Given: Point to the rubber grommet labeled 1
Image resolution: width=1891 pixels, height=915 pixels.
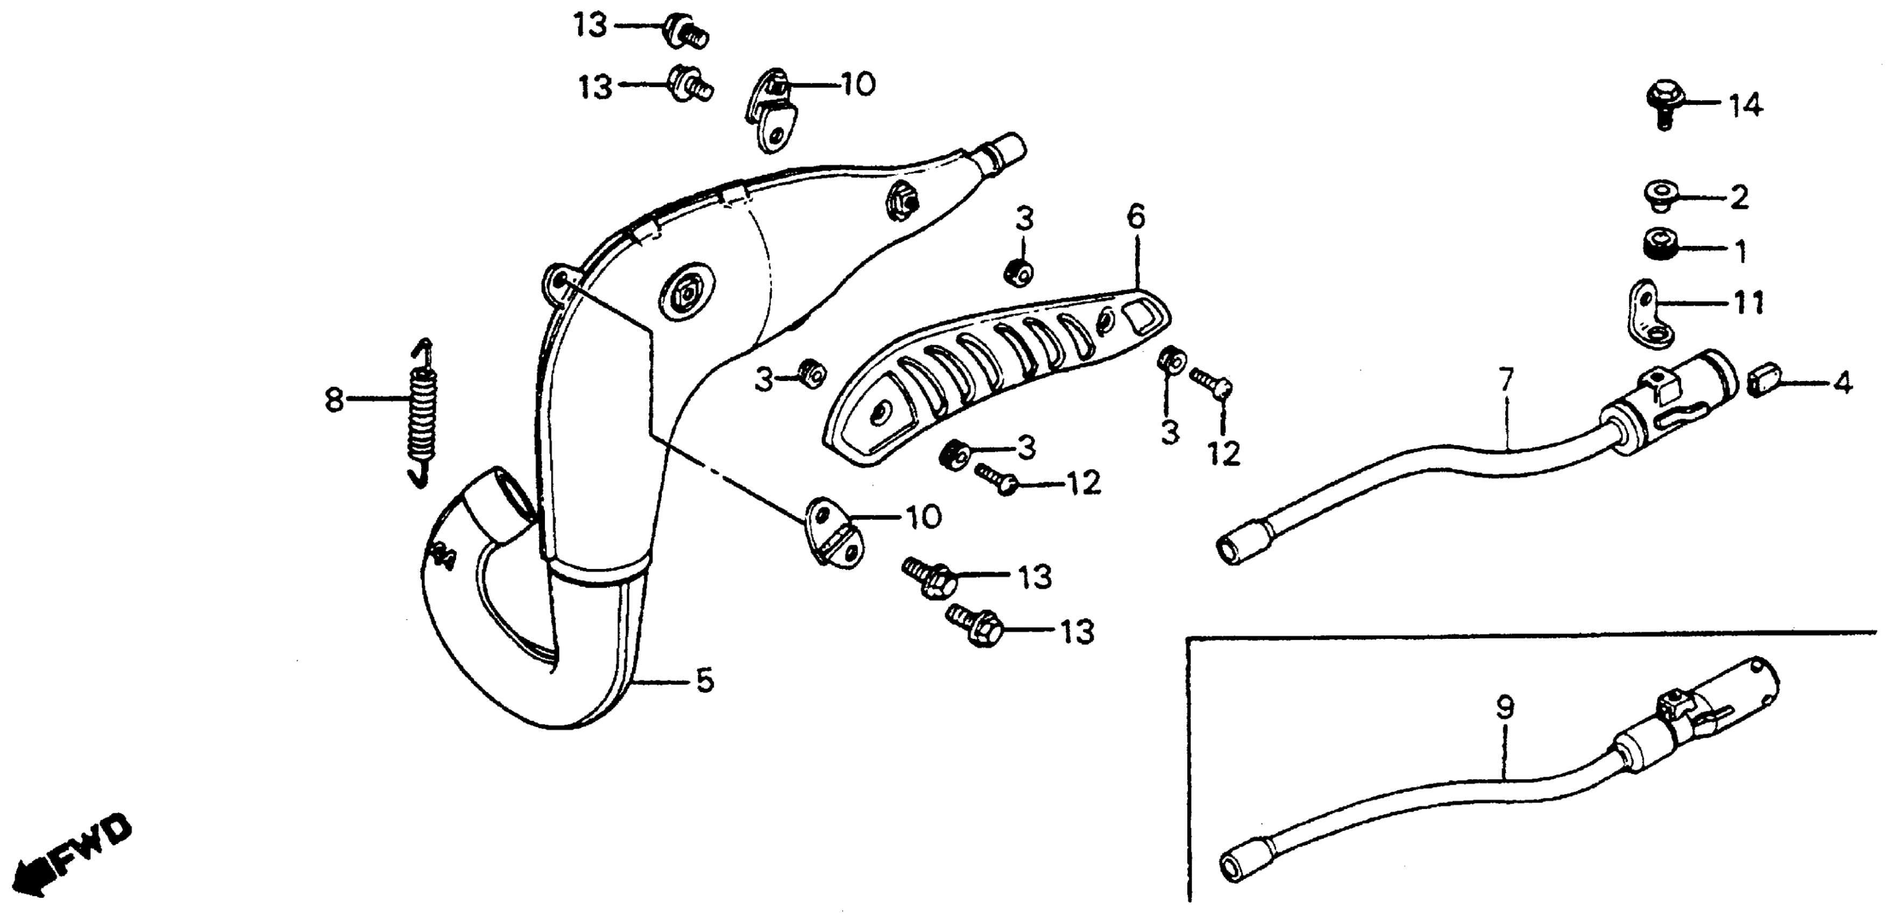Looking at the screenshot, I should click(x=1660, y=244).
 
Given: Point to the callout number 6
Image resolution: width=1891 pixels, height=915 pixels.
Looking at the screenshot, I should click(x=1135, y=217).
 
